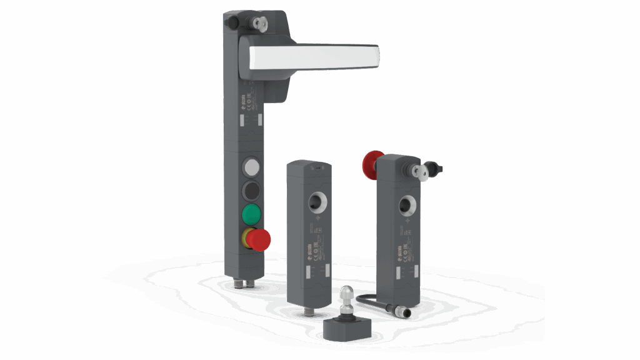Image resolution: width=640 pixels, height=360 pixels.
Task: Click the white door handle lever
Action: click(312, 57)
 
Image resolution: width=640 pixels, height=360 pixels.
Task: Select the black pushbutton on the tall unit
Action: click(251, 189)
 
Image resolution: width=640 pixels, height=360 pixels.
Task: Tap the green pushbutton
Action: click(251, 214)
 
